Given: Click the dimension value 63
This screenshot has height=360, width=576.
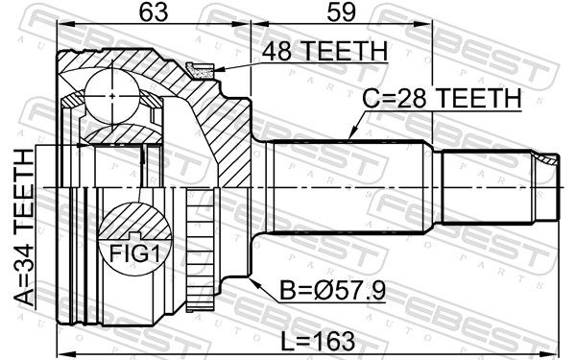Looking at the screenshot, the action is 154,12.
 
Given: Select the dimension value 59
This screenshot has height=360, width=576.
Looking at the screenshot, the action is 341,12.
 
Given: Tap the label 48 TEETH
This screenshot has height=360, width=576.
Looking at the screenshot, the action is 324,51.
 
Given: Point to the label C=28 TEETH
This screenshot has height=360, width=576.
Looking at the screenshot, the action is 442,98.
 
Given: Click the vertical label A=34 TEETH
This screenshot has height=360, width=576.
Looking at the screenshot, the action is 24,228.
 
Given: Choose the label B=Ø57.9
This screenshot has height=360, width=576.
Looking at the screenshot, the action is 333,291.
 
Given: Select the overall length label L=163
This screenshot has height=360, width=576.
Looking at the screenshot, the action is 318,341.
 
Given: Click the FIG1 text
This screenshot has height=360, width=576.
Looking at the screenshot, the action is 134,252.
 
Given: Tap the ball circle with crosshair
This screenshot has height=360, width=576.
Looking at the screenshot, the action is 112,96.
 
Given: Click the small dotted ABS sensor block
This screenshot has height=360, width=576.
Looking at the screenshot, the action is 201,70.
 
